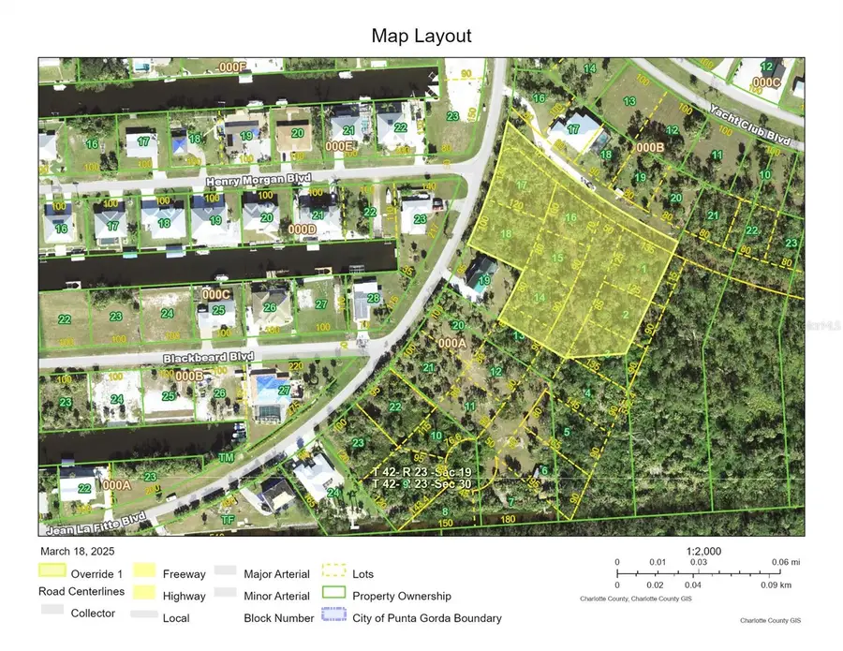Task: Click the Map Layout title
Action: pyautogui.click(x=421, y=37)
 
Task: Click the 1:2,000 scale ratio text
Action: pyautogui.click(x=702, y=552)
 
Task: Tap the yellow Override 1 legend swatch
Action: pyautogui.click(x=52, y=570)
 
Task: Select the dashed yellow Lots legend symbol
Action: pyautogui.click(x=334, y=570)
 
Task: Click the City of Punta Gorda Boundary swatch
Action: pyautogui.click(x=334, y=617)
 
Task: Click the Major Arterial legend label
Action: pyautogui.click(x=276, y=572)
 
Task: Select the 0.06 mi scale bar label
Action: pyautogui.click(x=785, y=562)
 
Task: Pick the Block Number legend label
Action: pyautogui.click(x=276, y=617)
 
